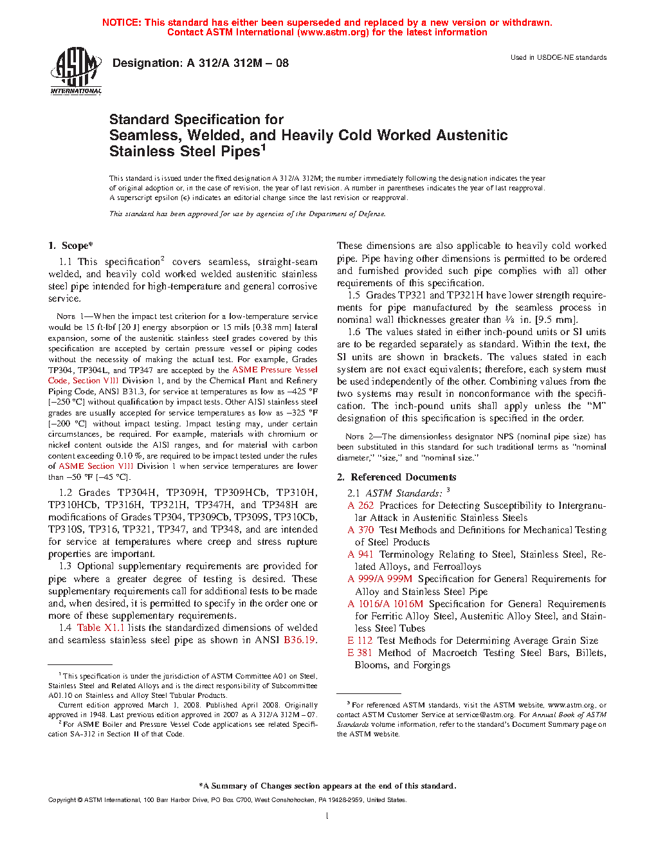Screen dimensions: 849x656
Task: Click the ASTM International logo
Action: click(76, 70)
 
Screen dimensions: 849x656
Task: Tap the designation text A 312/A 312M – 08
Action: click(237, 63)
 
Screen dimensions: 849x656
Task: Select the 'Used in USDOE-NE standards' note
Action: click(558, 57)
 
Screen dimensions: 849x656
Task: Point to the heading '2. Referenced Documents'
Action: click(397, 477)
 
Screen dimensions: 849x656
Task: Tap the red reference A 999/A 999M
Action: click(380, 579)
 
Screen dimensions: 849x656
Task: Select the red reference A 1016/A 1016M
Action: click(385, 604)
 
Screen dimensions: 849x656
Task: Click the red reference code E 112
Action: click(360, 641)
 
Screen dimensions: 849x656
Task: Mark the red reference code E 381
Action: click(360, 653)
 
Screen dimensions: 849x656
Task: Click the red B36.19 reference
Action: click(300, 640)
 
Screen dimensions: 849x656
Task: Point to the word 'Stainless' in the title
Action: click(139, 152)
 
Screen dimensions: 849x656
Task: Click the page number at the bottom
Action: click(327, 816)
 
